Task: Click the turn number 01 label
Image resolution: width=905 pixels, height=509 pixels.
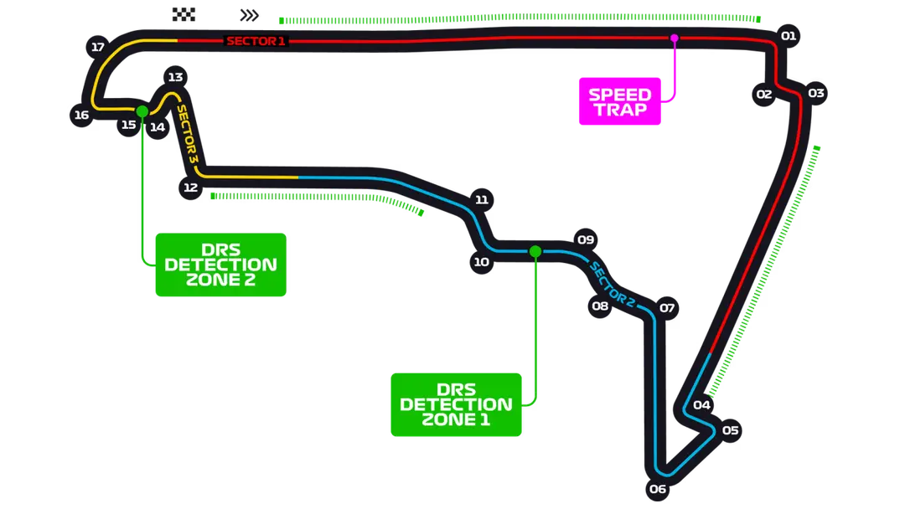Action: tap(788, 35)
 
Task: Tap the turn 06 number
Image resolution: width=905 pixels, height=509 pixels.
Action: tap(657, 489)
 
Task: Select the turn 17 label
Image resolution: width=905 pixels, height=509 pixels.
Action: tap(98, 47)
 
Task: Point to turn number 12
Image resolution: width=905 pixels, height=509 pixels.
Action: tap(190, 187)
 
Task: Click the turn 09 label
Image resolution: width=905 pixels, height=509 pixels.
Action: tap(586, 240)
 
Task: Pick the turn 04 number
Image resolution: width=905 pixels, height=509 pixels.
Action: tap(702, 405)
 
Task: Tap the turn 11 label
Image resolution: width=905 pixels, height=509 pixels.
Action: tap(481, 199)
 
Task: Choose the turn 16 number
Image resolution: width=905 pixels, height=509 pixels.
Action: tap(81, 115)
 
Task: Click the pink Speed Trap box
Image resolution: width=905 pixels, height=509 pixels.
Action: tap(619, 101)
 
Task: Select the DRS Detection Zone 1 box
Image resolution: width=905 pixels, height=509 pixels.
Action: tap(456, 404)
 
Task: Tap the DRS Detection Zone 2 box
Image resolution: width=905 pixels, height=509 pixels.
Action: tap(220, 265)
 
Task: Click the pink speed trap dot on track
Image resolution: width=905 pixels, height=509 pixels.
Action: tap(674, 39)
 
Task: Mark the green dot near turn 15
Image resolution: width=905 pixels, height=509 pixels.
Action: tap(142, 111)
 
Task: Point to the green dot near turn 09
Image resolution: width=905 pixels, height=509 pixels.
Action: tap(535, 251)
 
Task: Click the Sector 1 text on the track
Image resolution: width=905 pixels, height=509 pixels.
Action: tap(256, 40)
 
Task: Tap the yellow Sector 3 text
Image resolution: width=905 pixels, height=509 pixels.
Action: tap(188, 133)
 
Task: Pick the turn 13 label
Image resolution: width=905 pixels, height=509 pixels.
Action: tap(175, 77)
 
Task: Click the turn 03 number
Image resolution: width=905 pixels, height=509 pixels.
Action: tap(815, 93)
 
